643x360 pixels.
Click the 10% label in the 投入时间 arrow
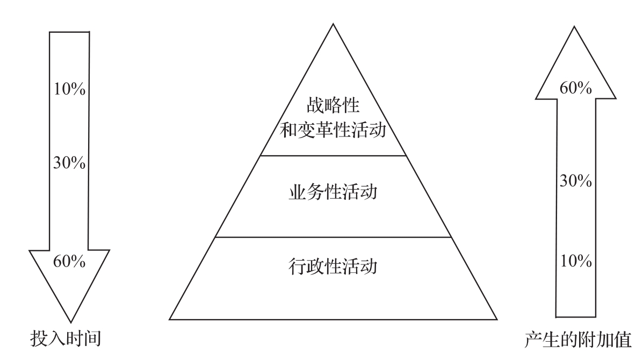coord(69,89)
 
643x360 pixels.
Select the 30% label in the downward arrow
coord(69,163)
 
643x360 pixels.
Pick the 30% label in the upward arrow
coord(575,181)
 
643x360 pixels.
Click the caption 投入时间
coord(65,339)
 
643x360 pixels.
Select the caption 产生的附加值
coord(577,340)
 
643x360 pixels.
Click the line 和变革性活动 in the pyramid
coord(333,130)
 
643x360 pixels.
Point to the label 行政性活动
coord(333,266)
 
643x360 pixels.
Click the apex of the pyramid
coord(333,24)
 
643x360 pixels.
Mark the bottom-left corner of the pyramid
coord(170,319)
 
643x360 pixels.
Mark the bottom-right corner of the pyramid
coord(497,319)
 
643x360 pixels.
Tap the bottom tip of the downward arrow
coord(69,321)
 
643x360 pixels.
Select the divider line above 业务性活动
coord(333,156)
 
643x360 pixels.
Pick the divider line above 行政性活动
coord(333,237)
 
